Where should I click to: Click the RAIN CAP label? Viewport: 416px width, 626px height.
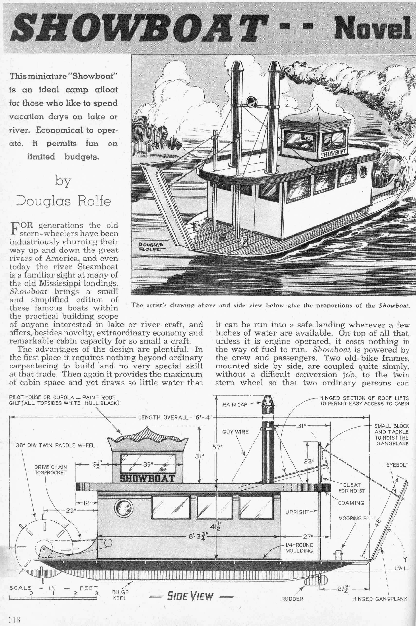pyautogui.click(x=235, y=404)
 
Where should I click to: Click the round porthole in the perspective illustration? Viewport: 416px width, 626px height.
pyautogui.click(x=363, y=172)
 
